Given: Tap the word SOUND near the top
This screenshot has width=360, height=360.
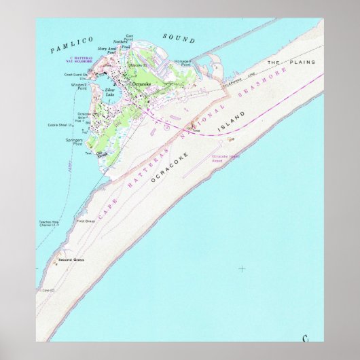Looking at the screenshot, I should coord(179,39).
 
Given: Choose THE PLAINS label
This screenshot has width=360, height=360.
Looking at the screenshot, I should coord(283,62).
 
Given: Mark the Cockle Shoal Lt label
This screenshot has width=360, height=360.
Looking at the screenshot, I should coord(61,125).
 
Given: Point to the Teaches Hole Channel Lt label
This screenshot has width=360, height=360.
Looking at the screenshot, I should coord(50,225).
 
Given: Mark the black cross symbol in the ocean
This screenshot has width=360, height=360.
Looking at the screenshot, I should coord(242,268).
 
